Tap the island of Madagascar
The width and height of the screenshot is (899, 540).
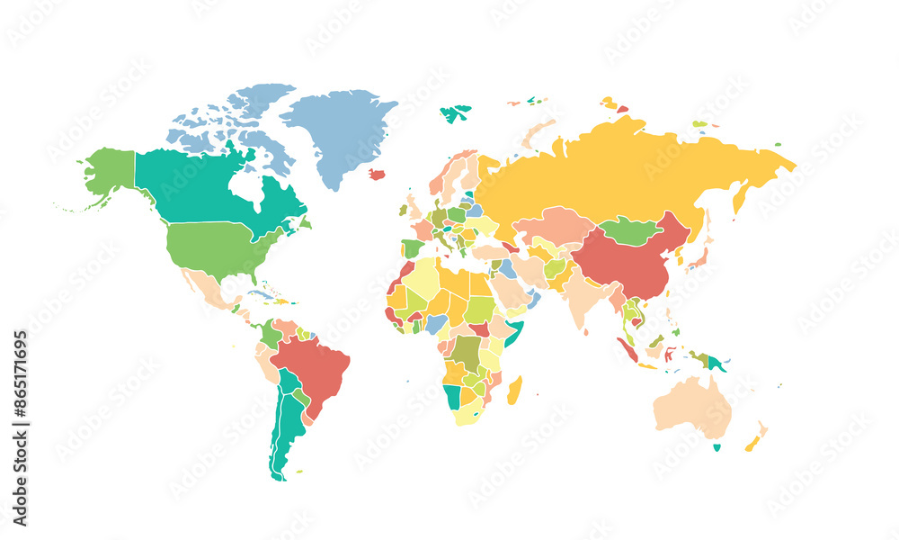click(515, 391)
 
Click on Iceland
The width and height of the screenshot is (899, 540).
click(378, 174)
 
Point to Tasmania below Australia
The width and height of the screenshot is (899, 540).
click(717, 447)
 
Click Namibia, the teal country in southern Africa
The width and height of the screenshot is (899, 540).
click(451, 395)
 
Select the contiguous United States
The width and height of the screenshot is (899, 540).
click(216, 247)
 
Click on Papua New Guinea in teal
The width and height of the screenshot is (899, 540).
click(717, 364)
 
